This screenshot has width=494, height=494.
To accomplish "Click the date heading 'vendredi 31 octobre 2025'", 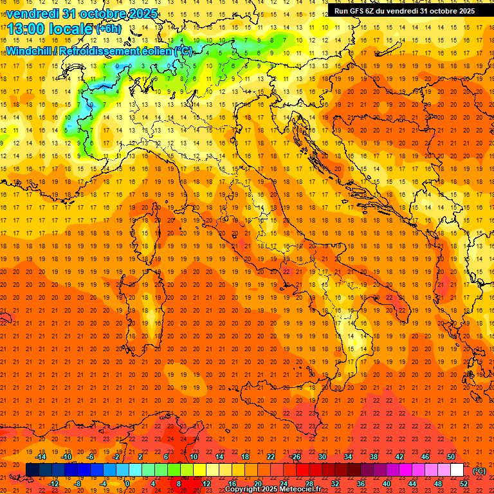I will click(x=82, y=13).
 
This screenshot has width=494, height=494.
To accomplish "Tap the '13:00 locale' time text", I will click(x=50, y=28).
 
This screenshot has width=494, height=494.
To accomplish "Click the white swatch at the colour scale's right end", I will click(x=457, y=470).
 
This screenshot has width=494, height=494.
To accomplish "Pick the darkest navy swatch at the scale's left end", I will click(x=33, y=470).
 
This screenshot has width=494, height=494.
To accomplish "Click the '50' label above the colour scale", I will click(x=451, y=457).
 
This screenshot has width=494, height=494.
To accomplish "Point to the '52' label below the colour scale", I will click(x=464, y=483).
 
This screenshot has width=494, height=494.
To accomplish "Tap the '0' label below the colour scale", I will click(x=127, y=483).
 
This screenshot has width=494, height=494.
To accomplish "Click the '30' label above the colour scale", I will click(x=322, y=457).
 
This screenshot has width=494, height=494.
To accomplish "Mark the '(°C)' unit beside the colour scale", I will click(x=479, y=471).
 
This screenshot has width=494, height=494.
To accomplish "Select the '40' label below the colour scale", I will click(x=387, y=483).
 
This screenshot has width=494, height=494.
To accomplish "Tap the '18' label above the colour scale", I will click(x=245, y=457).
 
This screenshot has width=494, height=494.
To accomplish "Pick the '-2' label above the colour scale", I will click(x=116, y=457).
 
